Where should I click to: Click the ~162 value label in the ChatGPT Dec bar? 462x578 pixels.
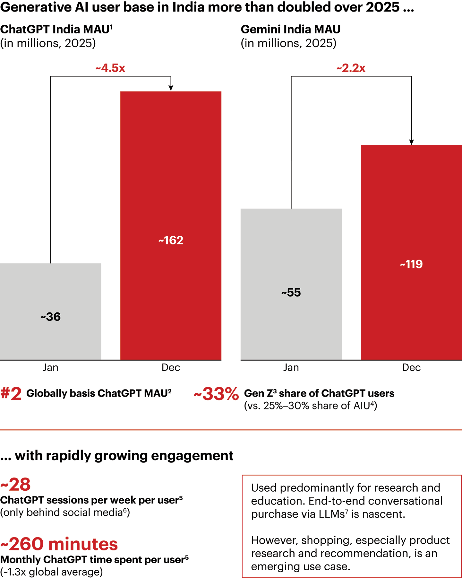click(x=171, y=240)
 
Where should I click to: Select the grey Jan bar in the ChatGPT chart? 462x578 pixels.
click(x=50, y=289)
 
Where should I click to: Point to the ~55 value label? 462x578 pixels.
click(x=291, y=293)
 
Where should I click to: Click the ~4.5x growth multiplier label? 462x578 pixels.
click(x=110, y=68)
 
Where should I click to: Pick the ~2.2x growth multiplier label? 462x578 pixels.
click(x=351, y=68)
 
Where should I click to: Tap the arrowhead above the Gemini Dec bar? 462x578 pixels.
click(x=412, y=142)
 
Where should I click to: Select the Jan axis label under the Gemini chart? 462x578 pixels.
click(x=291, y=367)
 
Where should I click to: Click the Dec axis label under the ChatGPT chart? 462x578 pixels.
click(x=171, y=367)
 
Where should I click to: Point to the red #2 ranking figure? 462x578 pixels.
click(x=11, y=394)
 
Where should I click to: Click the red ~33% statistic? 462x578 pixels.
click(x=216, y=394)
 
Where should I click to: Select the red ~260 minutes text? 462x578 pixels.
click(x=59, y=544)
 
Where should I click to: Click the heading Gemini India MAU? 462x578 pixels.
click(x=290, y=29)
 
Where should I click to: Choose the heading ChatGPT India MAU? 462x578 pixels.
click(x=56, y=29)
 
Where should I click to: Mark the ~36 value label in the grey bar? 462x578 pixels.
click(x=50, y=317)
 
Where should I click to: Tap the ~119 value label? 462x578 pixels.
click(x=411, y=264)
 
